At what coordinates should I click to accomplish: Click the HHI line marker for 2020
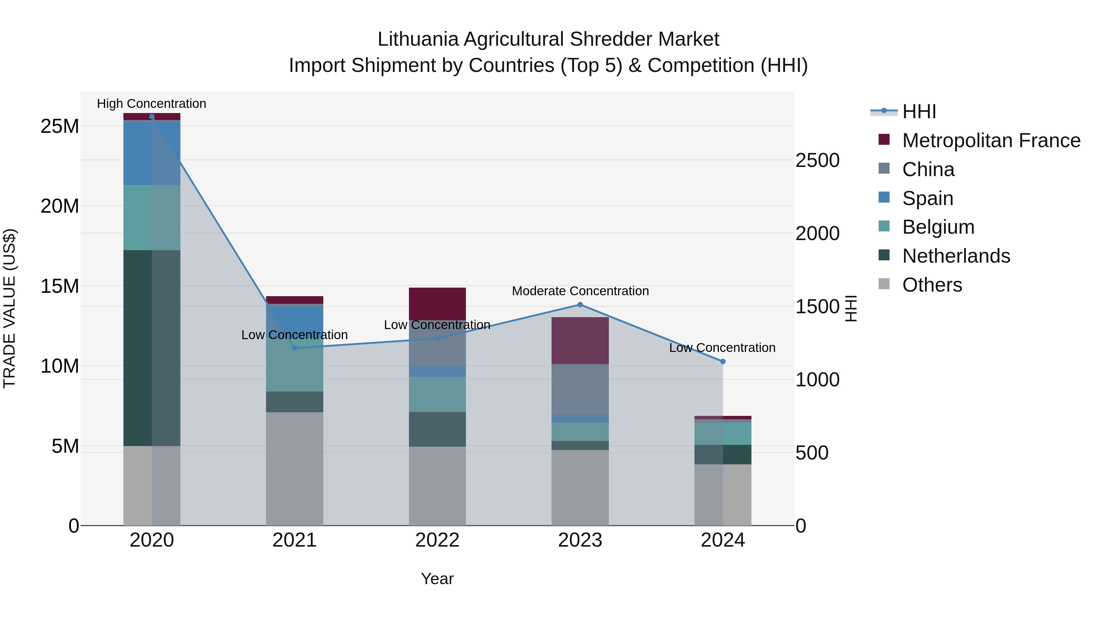coord(152,117)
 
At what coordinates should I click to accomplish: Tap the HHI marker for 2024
coord(723,361)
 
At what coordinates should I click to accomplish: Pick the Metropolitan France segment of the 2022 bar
coord(437,303)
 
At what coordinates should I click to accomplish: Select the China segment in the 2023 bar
coord(580,389)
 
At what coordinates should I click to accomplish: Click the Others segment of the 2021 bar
coord(294,468)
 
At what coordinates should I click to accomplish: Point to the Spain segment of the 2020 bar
coord(152,153)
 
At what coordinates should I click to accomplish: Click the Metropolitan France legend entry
coord(991,140)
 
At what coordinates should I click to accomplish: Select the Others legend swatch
coord(884,284)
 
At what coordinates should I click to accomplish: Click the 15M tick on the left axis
coord(60,286)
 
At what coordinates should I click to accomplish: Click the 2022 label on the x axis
coord(437,540)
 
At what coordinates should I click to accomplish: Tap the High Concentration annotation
coord(152,104)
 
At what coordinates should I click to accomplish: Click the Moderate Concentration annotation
coord(580,291)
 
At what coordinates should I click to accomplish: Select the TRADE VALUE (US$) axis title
coord(10,308)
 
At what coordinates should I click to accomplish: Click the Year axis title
coord(437,579)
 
